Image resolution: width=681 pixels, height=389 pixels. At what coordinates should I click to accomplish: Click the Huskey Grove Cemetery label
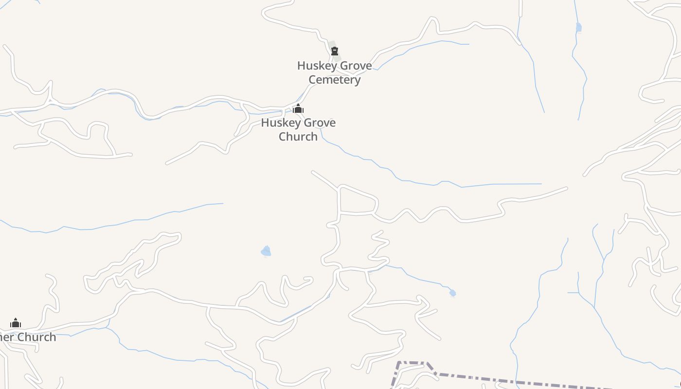point(334,72)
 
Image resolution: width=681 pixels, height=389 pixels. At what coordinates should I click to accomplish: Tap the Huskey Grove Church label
point(298,129)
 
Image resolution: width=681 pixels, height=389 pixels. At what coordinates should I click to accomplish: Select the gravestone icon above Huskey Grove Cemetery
point(334,51)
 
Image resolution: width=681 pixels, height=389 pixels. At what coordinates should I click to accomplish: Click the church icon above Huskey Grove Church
point(298,109)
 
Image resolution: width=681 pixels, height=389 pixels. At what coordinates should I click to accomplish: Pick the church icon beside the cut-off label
point(16,323)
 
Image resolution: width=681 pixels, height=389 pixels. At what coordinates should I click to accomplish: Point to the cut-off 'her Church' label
point(28,337)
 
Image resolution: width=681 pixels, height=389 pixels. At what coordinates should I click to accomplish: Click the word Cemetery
point(334,80)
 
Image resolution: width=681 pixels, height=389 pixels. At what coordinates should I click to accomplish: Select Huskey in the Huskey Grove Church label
point(278,123)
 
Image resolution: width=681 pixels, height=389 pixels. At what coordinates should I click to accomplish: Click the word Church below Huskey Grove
point(298,137)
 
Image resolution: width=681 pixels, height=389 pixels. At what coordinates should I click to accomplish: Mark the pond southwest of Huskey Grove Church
point(266,251)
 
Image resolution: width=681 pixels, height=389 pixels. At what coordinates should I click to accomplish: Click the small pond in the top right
point(578,27)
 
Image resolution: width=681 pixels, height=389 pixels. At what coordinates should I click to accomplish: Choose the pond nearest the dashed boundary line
point(452,293)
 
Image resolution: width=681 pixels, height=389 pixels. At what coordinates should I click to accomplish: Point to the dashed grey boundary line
point(511,381)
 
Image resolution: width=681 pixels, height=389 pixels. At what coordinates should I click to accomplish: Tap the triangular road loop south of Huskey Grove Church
point(357,200)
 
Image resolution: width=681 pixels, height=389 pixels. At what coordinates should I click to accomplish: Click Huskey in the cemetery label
point(314,66)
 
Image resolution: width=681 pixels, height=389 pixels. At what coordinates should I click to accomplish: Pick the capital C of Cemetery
point(313,80)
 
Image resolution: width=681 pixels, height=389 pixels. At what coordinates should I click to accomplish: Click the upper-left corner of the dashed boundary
point(399,363)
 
